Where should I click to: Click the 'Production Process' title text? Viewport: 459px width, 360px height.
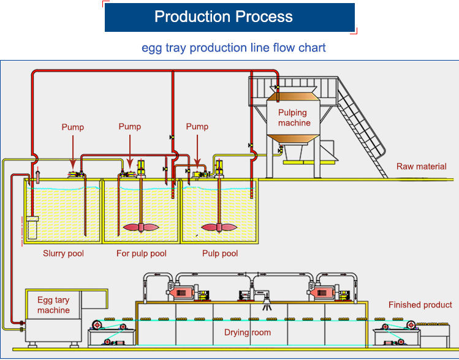[x=223, y=17]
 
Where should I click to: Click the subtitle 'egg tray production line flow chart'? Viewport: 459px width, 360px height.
[x=233, y=48]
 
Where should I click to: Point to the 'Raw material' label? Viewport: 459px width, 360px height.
[x=421, y=167]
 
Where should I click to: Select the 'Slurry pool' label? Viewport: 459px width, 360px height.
[x=63, y=253]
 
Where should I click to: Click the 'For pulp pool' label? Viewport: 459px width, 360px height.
[x=142, y=253]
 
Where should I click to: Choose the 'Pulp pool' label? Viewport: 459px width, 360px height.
[x=220, y=253]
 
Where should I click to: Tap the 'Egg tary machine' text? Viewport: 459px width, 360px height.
[x=53, y=305]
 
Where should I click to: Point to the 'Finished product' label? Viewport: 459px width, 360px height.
[x=420, y=305]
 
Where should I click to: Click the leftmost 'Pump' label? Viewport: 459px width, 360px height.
[x=72, y=127]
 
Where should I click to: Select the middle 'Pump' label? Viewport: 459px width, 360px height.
[x=129, y=127]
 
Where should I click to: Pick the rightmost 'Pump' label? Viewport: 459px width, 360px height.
[x=197, y=127]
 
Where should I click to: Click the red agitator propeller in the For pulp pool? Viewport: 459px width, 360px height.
[x=142, y=227]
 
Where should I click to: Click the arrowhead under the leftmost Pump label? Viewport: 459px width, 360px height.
[x=72, y=165]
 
